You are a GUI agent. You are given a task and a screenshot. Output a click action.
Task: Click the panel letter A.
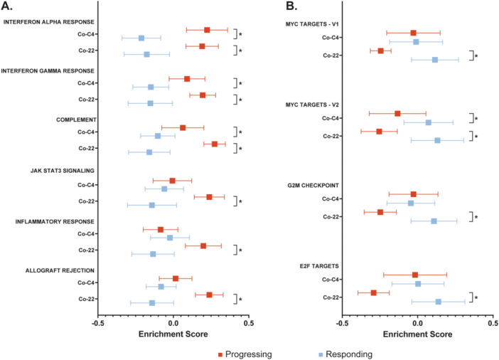point(9,8)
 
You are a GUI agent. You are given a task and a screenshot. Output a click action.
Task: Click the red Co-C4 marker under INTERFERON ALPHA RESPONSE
point(207,30)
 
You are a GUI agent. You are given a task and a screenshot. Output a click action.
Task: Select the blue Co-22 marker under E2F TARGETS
point(438,302)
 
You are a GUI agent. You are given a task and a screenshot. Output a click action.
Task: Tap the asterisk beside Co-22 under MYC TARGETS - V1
point(476,56)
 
